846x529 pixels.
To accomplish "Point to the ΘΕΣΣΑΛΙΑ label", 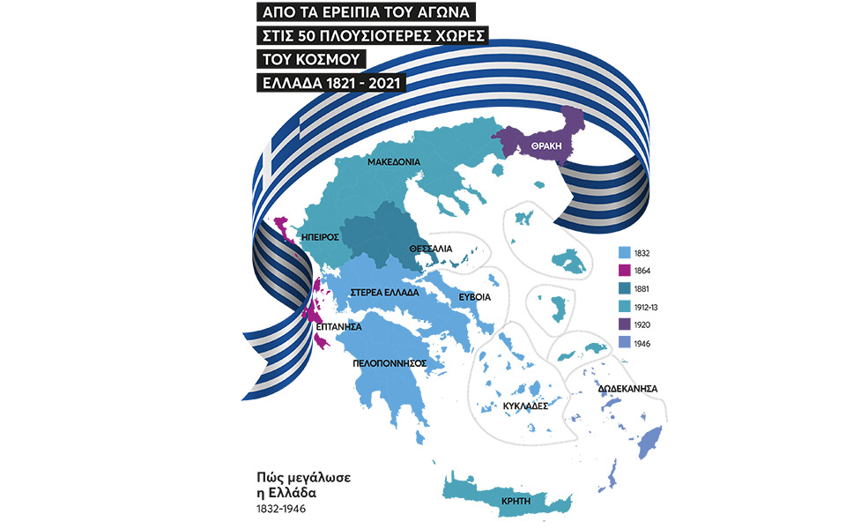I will (x=431, y=250).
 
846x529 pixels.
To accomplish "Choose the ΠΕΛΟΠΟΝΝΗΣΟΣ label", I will (x=390, y=362).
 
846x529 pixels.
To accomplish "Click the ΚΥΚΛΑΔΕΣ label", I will (x=525, y=406).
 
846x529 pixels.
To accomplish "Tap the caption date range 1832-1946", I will (x=277, y=509).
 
